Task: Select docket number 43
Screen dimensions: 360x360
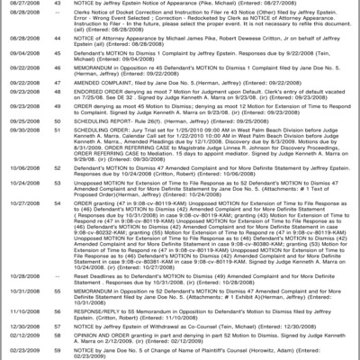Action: pyautogui.click(x=57, y=5)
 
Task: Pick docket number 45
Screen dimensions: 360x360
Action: pyautogui.click(x=57, y=80)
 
